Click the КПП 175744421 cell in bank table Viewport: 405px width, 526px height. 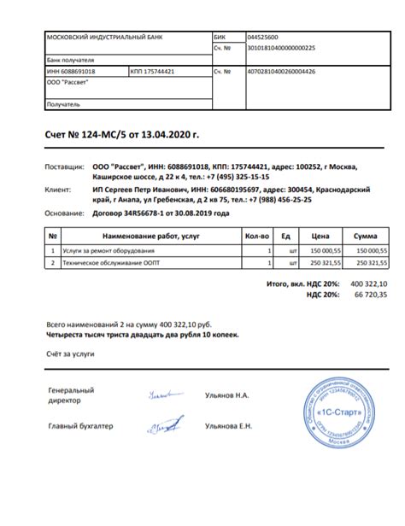pos(153,73)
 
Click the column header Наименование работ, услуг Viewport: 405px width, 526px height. pos(150,235)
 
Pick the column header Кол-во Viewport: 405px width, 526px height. pos(257,235)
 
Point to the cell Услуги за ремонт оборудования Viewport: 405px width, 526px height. pos(109,250)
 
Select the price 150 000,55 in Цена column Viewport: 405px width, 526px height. pos(325,250)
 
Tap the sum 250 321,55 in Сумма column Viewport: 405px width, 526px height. pos(371,263)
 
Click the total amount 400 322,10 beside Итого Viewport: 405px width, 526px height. pos(369,283)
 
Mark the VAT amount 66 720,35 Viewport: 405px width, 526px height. pos(371,294)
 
